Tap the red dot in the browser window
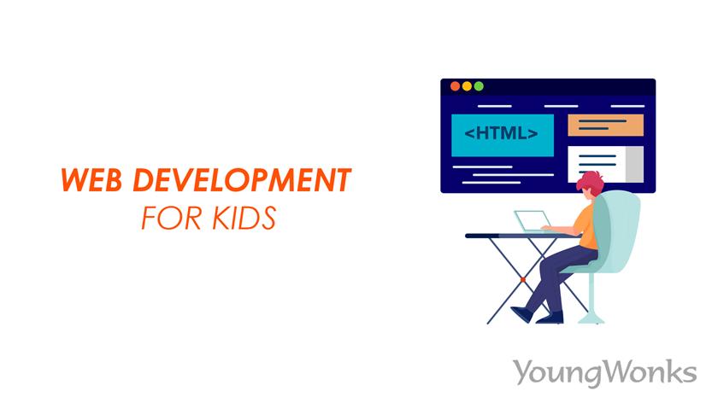coord(455,86)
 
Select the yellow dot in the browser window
coord(467,86)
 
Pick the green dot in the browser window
coord(479,86)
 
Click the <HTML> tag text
coord(502,134)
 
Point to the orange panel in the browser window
coord(604,126)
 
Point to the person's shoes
coord(548,316)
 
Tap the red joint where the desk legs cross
coord(523,278)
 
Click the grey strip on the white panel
coord(634,163)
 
